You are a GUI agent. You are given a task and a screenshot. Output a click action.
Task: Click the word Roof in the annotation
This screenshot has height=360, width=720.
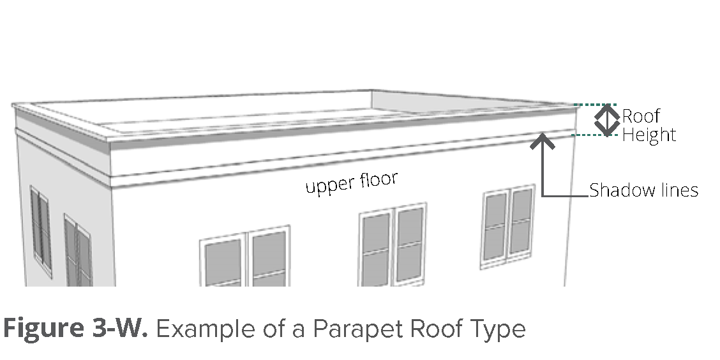[641, 116]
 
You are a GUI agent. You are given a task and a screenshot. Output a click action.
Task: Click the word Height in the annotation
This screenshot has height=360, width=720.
[649, 135]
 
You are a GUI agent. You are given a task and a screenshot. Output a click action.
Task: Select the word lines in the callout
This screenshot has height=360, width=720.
[678, 190]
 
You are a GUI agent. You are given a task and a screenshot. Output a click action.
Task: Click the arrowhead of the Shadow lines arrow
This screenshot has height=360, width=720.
[543, 139]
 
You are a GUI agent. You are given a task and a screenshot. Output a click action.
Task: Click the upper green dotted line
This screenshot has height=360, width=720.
[595, 105]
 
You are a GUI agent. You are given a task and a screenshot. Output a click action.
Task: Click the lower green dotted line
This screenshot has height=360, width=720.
[595, 135]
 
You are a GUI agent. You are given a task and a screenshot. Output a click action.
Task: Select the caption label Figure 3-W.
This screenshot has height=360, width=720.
[75, 329]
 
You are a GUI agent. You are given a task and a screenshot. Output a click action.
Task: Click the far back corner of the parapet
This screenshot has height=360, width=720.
[371, 91]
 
